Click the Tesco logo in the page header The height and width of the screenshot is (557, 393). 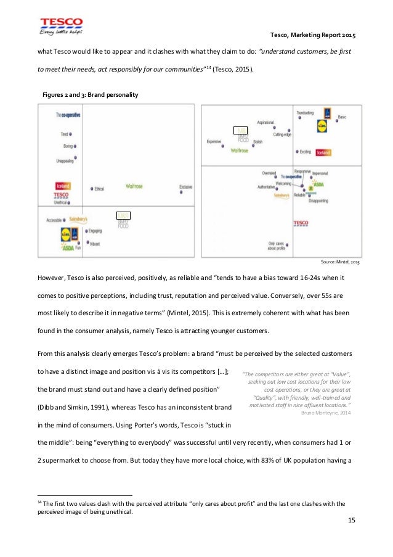click(x=61, y=27)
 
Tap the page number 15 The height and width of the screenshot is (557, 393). click(x=352, y=521)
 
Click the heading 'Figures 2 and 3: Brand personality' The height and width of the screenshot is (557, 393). click(x=90, y=95)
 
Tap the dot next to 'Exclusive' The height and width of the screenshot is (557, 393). click(x=181, y=192)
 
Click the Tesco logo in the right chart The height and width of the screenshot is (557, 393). click(x=301, y=223)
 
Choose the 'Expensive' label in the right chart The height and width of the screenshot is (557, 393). click(x=214, y=141)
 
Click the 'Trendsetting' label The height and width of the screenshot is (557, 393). click(x=306, y=113)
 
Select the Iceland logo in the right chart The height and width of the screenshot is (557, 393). click(x=323, y=152)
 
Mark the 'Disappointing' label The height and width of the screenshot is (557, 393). click(x=318, y=201)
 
